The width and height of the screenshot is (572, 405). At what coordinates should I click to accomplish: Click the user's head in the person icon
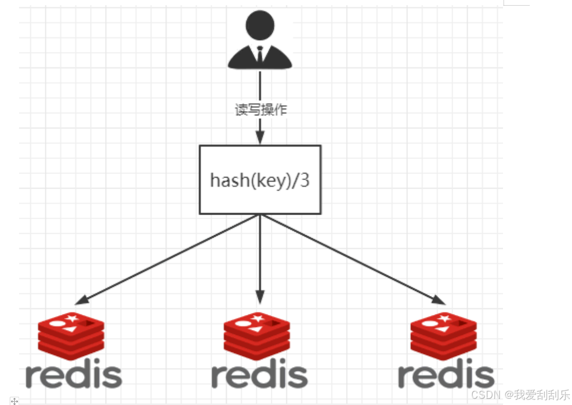click(x=260, y=26)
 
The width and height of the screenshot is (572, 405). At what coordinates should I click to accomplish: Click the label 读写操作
click(x=260, y=111)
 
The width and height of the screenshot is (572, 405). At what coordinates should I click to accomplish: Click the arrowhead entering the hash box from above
click(x=260, y=137)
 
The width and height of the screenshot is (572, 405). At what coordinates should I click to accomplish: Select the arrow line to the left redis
click(x=170, y=258)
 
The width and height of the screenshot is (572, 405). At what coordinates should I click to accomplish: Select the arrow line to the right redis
click(x=350, y=258)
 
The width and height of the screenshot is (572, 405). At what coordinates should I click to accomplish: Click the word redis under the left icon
click(x=74, y=376)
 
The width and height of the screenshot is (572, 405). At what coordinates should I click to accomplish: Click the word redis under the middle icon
click(x=259, y=376)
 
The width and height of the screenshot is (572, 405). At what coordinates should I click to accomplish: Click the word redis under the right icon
click(x=446, y=376)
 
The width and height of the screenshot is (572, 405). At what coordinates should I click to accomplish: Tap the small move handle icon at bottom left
click(x=14, y=400)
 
